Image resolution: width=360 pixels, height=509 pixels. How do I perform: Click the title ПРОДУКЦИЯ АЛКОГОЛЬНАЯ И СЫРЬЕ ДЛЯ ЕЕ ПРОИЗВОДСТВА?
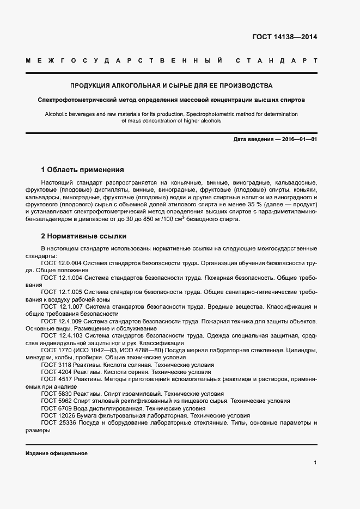pos(171,86)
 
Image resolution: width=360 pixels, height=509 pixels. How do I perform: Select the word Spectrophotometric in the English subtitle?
pos(211,114)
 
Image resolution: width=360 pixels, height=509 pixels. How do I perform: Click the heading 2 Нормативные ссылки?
pos(83,236)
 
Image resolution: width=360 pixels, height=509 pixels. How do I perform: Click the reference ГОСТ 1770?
pos(57,351)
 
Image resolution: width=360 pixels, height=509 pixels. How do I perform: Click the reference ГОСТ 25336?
pos(59,423)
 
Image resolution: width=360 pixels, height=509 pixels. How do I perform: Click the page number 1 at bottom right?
pos(315,463)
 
